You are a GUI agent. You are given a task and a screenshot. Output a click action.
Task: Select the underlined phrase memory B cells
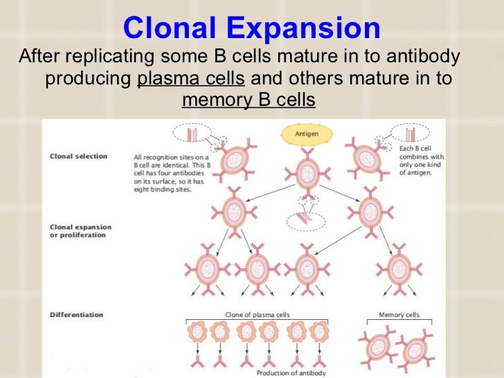pos(248,102)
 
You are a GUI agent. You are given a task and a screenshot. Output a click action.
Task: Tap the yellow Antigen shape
pos(306,134)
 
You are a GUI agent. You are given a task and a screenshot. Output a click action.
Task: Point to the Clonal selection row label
pos(79,156)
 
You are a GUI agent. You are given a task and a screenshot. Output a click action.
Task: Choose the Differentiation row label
pos(77,315)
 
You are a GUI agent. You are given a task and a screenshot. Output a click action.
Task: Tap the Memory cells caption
pos(399,315)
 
